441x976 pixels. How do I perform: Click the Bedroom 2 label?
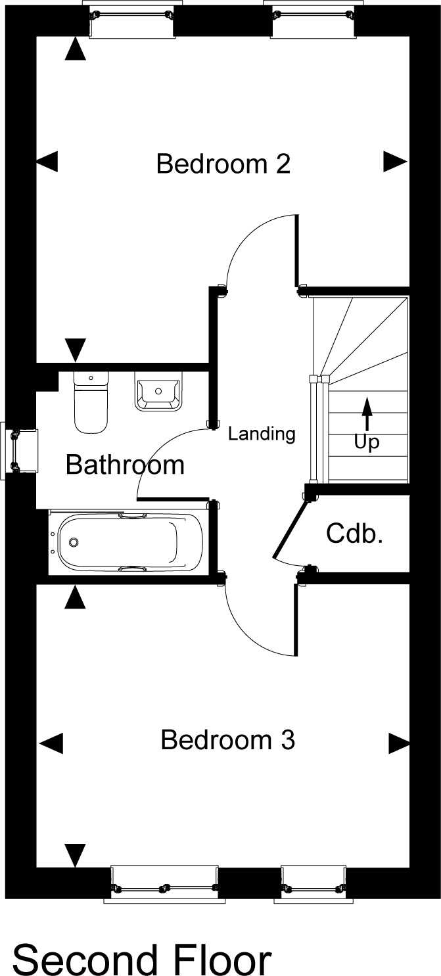[223, 164]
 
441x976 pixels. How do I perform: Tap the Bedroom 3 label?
[228, 739]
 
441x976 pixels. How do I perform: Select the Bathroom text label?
[125, 465]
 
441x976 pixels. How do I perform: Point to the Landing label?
[262, 434]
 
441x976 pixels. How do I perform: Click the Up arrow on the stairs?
[367, 413]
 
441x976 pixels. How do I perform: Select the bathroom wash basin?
[158, 391]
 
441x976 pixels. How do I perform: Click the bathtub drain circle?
[74, 542]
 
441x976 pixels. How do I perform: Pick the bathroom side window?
[19, 451]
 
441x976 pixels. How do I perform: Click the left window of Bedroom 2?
[131, 19]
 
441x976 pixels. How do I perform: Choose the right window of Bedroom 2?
[312, 19]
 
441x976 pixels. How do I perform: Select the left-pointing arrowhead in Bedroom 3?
[51, 743]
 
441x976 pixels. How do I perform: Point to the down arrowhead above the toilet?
[76, 350]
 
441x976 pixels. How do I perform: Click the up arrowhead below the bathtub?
[76, 597]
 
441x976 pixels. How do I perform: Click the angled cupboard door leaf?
[289, 528]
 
